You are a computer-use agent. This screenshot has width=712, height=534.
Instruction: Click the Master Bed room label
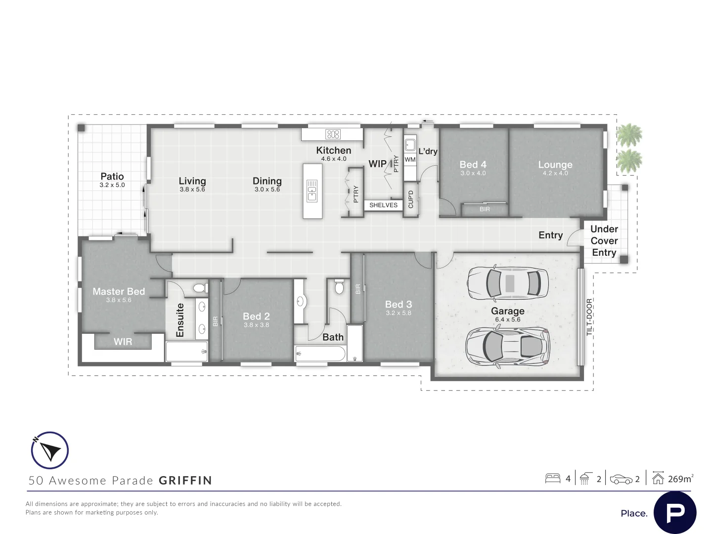119,292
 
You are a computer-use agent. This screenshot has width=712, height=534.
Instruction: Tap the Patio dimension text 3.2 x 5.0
112,185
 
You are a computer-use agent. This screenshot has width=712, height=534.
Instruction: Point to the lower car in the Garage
508,347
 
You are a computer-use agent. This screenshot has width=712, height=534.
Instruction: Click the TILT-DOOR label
589,317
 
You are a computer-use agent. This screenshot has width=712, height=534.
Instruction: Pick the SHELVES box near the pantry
383,205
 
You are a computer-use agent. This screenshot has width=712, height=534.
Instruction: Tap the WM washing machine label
410,160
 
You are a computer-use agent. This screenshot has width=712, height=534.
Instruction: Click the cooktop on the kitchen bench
333,134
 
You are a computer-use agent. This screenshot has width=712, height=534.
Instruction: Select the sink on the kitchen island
312,191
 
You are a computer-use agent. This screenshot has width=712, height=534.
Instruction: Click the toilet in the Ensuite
200,288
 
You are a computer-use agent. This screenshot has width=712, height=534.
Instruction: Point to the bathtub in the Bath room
320,353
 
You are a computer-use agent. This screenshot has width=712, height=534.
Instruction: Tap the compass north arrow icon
49,450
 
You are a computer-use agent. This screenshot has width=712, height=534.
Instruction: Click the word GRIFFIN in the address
185,481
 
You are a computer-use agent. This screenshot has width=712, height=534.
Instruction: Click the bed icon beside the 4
552,479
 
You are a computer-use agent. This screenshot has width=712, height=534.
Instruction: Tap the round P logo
675,513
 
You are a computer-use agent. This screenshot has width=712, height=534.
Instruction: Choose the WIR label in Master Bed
123,342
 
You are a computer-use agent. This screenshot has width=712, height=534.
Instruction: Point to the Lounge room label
555,165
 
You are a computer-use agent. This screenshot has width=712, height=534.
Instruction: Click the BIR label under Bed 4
485,210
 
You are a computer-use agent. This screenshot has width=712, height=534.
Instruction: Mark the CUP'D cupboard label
410,199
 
